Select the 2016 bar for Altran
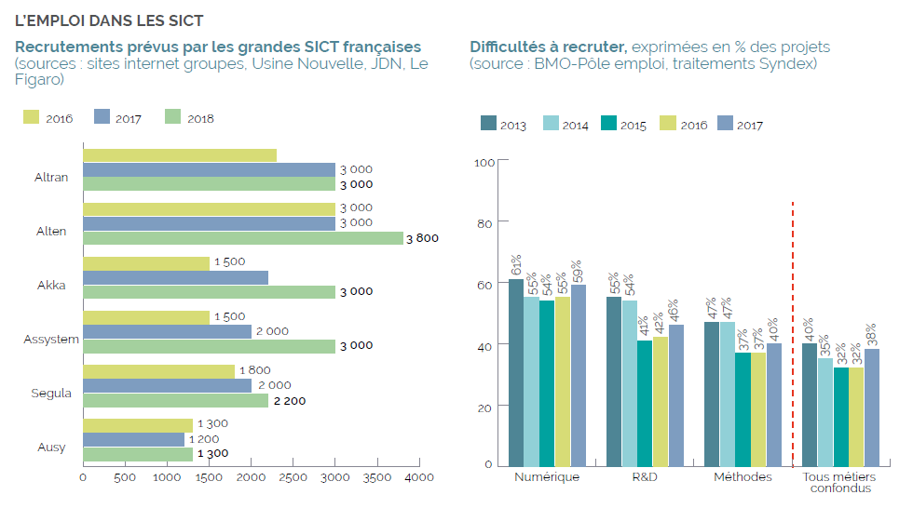180,155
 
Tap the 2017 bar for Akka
175,277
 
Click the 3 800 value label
422,238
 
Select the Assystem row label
51,339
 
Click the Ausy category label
51,448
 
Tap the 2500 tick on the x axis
293,477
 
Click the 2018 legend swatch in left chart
171,117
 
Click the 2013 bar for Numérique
515,372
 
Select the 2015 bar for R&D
644,403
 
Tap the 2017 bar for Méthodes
774,405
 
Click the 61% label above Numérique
515,265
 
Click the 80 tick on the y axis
484,222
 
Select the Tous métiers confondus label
839,483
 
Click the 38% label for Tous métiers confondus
871,334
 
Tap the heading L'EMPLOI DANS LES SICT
109,20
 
